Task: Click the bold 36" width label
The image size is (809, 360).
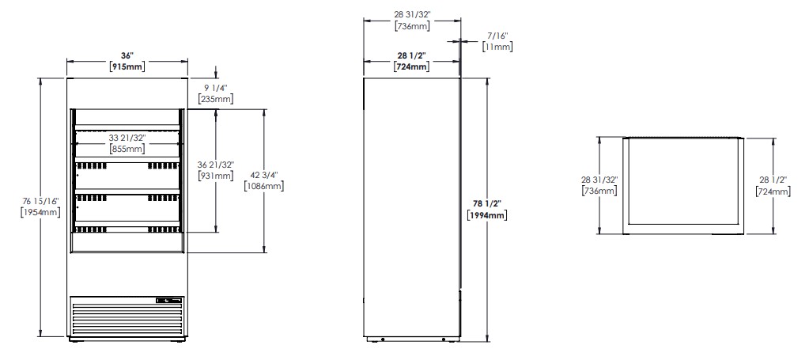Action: (127, 56)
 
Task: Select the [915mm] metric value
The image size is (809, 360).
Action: (127, 66)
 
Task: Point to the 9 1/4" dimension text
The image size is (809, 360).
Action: (216, 89)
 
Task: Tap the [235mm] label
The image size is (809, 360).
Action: (216, 99)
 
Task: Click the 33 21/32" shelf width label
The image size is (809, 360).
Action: (127, 138)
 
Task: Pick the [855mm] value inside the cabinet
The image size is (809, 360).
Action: (127, 149)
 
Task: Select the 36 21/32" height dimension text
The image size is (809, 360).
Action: (216, 165)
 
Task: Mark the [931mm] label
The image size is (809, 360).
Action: (216, 176)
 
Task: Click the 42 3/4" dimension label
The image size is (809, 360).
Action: (263, 175)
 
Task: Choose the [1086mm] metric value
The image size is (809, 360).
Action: (263, 186)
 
